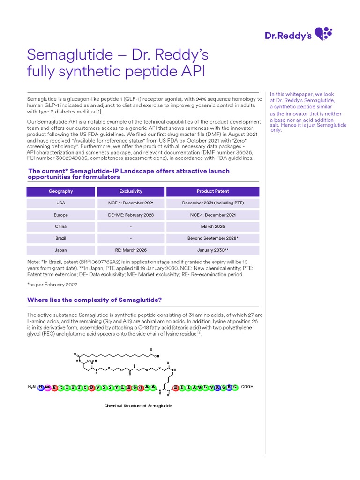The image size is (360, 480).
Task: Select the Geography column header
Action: pos(60,191)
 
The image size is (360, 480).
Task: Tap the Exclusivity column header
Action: pos(131,191)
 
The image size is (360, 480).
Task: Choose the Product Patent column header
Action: pos(213,191)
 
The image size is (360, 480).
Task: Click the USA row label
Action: pos(60,203)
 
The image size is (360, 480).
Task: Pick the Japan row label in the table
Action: pos(60,250)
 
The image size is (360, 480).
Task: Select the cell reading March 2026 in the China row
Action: pos(213,226)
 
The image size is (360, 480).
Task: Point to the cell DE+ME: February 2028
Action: pos(131,215)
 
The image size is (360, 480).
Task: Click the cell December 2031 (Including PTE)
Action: pos(213,203)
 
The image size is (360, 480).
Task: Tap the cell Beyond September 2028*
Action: pos(213,238)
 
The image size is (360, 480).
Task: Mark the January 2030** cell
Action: pos(213,250)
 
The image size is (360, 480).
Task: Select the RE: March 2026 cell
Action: pos(131,250)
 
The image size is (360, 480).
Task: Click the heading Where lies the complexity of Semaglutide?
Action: pos(95,300)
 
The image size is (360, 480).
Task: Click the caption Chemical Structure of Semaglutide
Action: pos(138,405)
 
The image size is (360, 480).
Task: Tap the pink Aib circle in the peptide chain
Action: pos(48,387)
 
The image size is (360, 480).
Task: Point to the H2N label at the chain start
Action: pos(32,387)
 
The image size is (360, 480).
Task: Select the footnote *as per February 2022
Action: pos(52,285)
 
